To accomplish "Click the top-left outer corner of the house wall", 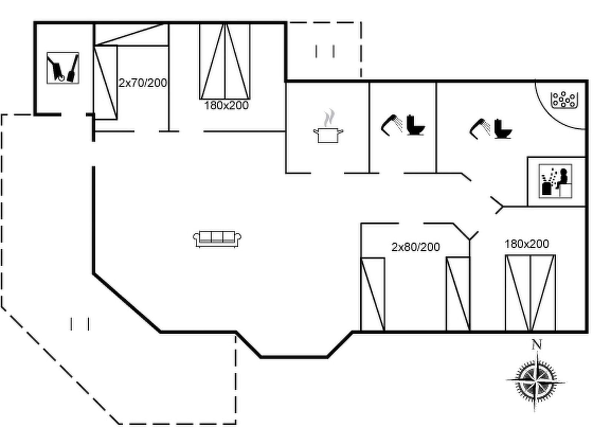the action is click(34, 22).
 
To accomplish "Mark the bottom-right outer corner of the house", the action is click(587, 332).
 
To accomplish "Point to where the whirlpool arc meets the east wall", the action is click(585, 129).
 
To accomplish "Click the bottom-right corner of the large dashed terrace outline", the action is click(236, 423).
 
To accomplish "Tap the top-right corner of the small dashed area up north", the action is click(361, 23).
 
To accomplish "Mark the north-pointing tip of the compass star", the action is click(537, 353).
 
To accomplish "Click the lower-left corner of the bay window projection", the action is click(261, 357).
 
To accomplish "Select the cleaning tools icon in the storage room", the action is click(63, 68).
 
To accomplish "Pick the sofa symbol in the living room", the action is click(217, 239).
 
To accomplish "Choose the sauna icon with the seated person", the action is click(556, 181).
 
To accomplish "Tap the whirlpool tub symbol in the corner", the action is click(564, 100).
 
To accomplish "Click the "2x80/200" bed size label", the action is click(415, 247).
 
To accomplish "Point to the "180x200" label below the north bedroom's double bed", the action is click(226, 105).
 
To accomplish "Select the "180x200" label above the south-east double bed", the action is click(527, 244).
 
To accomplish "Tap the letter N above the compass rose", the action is click(537, 345).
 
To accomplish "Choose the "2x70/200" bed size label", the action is click(143, 83).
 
